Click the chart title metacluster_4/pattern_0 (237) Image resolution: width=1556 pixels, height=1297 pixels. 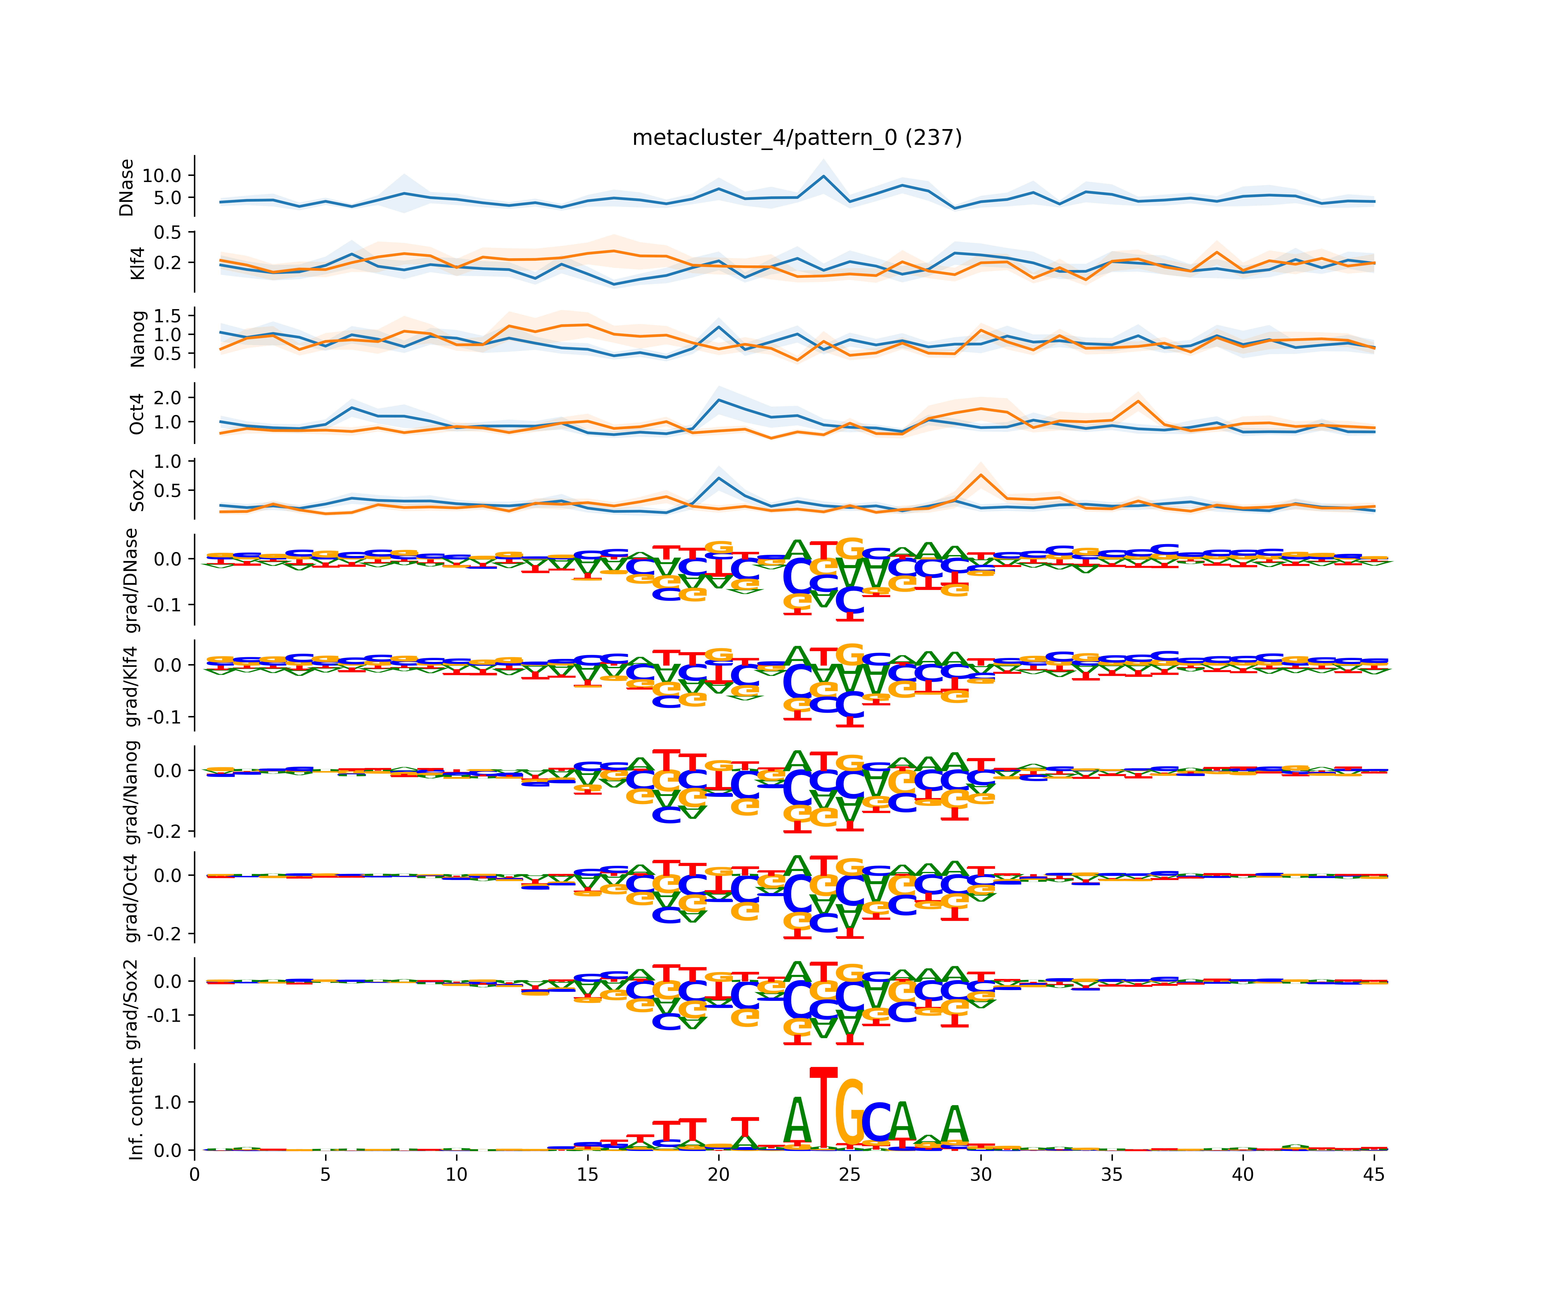pyautogui.click(x=797, y=138)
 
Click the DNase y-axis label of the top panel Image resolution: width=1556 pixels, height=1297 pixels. pyautogui.click(x=127, y=187)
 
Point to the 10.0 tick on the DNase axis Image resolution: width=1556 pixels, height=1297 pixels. pyautogui.click(x=161, y=176)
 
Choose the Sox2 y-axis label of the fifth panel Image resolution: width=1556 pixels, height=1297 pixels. pyautogui.click(x=137, y=490)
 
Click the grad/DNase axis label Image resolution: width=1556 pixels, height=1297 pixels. pyautogui.click(x=131, y=580)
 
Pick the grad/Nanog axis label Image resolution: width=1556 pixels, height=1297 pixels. pyautogui.click(x=131, y=792)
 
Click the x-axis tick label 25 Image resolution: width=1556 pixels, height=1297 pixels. pyautogui.click(x=850, y=1175)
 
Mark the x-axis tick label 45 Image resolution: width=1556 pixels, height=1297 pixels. pyautogui.click(x=1374, y=1175)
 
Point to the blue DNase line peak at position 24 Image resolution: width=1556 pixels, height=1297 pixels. pyautogui.click(x=823, y=176)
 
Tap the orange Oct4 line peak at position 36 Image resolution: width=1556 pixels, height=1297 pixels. pyautogui.click(x=1138, y=401)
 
